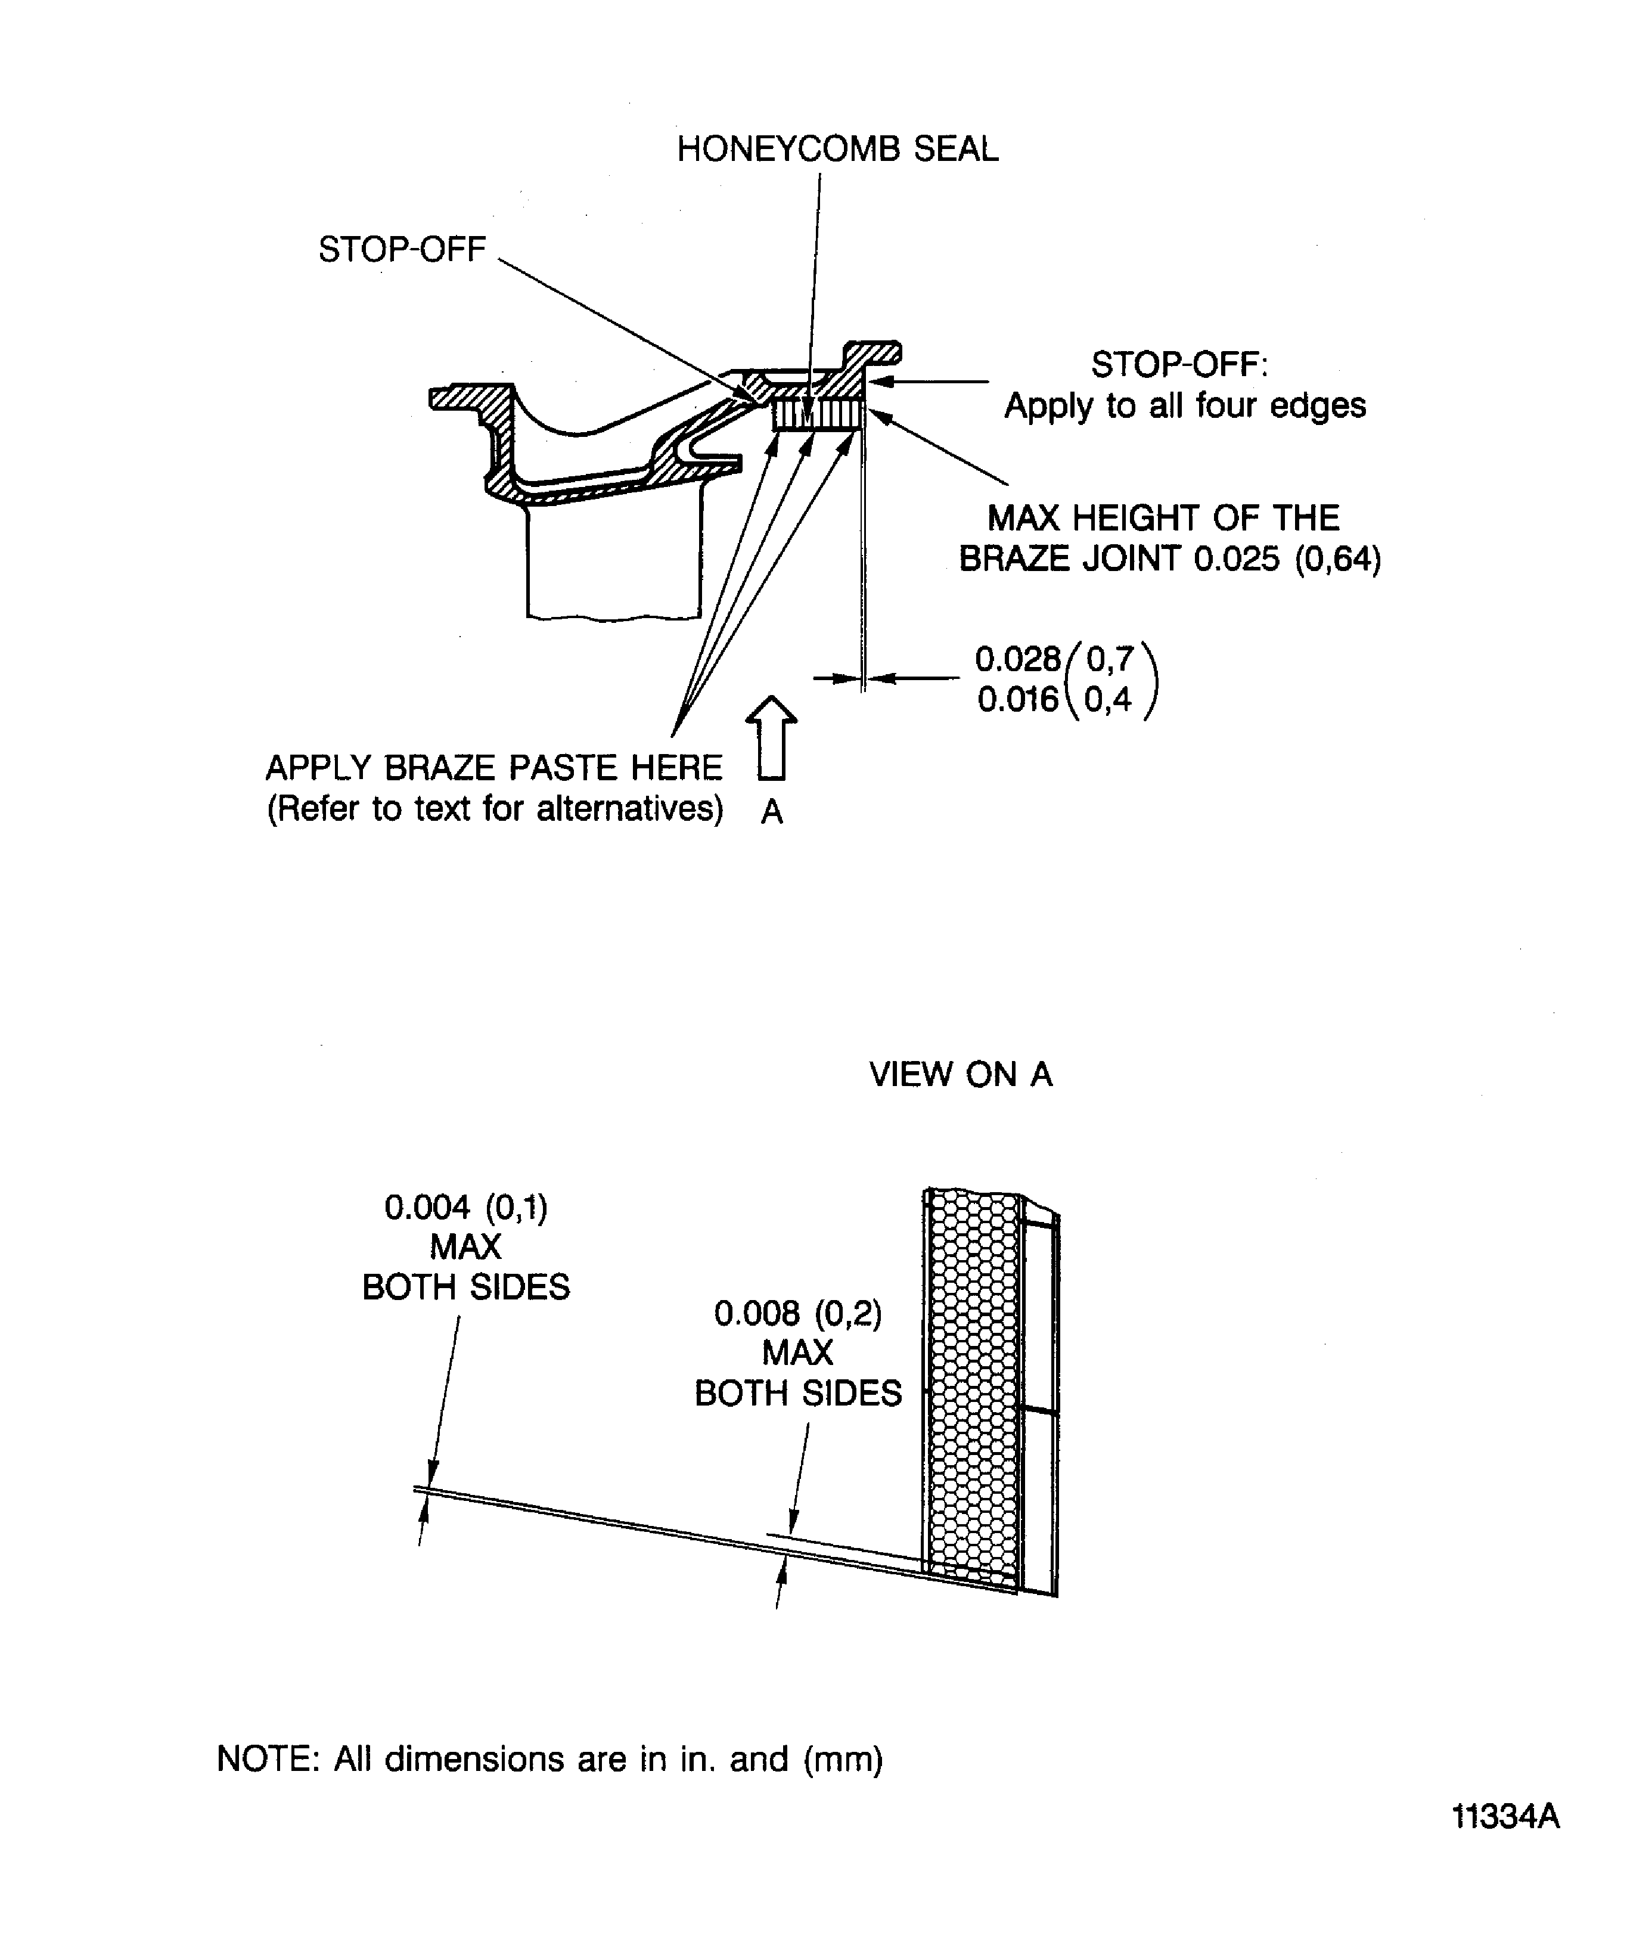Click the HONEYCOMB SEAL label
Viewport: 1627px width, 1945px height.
pyautogui.click(x=837, y=149)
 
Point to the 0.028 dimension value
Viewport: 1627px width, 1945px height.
pyautogui.click(x=1017, y=659)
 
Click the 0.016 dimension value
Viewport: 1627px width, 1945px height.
pyautogui.click(x=1017, y=699)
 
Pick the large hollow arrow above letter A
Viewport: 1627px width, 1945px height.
pyautogui.click(x=771, y=737)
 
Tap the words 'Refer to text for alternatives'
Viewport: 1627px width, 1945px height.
pyautogui.click(x=495, y=808)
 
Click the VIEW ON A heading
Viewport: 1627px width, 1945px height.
pyautogui.click(x=960, y=1074)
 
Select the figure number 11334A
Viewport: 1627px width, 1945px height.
pyautogui.click(x=1505, y=1817)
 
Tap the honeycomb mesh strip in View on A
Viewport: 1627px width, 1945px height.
pyautogui.click(x=972, y=1389)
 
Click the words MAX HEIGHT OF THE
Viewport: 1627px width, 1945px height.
pyautogui.click(x=1163, y=518)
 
